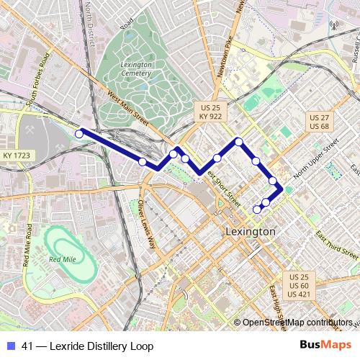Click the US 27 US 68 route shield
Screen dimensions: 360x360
(x=318, y=121)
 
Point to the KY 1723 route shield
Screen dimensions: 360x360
(x=16, y=156)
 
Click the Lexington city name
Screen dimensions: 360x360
(x=250, y=232)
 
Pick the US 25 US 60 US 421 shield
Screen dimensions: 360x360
(x=299, y=286)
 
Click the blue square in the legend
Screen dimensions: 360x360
(x=10, y=346)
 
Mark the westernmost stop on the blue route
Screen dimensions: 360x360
(x=80, y=132)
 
